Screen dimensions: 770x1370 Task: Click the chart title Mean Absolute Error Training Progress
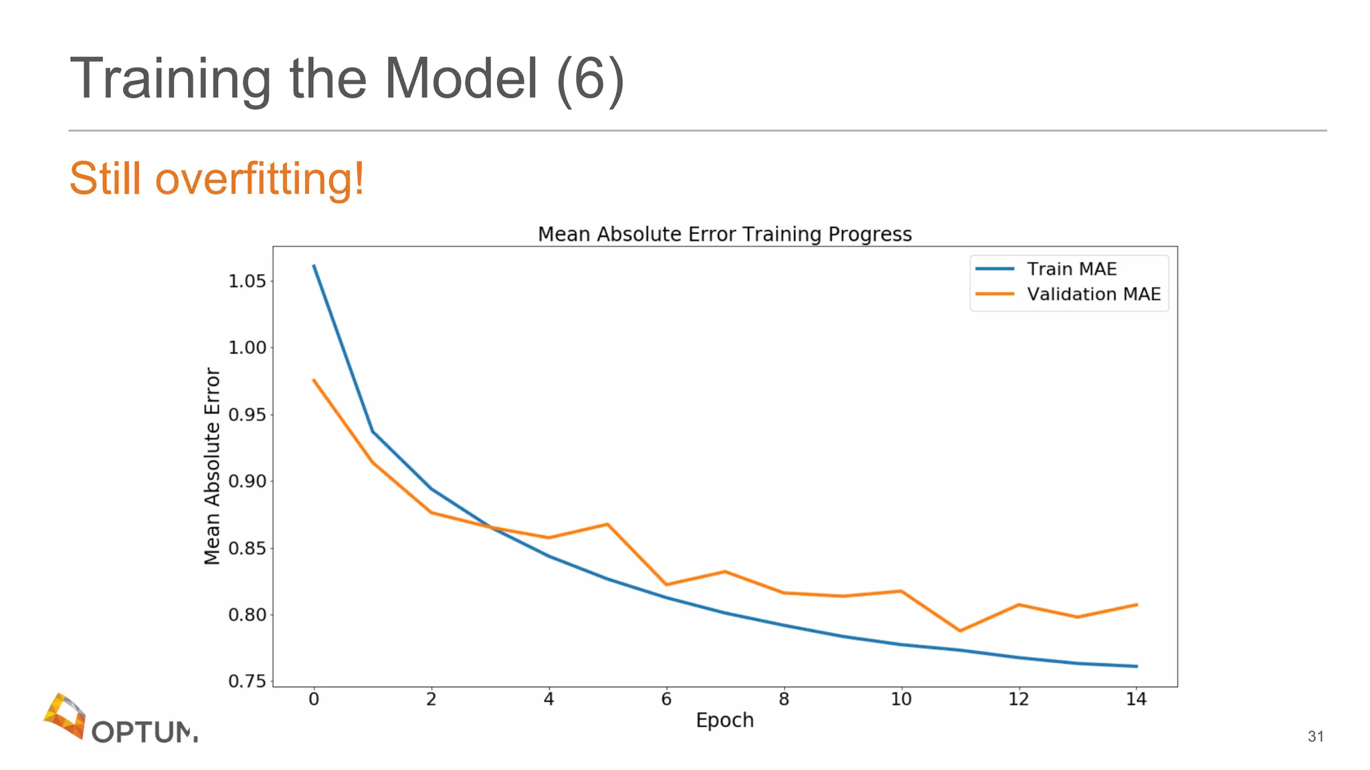pos(724,234)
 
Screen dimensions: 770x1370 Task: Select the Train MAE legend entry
pos(1071,269)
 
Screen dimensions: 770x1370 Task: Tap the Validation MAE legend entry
pos(1093,294)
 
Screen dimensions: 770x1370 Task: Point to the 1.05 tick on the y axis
pos(247,281)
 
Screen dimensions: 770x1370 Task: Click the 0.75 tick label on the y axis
pos(247,681)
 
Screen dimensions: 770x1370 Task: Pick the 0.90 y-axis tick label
pos(247,481)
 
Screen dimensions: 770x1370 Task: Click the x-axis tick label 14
pos(1136,699)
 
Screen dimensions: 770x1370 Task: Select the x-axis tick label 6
pos(666,699)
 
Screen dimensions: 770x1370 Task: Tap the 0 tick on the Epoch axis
pos(314,699)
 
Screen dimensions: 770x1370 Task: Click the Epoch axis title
pos(724,720)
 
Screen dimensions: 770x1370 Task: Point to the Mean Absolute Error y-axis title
pos(212,466)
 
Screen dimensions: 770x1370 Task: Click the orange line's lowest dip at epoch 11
pos(960,630)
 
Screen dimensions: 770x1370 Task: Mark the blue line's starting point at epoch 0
pos(314,265)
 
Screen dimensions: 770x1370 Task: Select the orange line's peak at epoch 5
pos(607,524)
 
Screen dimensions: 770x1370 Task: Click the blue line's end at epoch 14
pos(1136,666)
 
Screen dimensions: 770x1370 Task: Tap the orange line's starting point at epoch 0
pos(314,380)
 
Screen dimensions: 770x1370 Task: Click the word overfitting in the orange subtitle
pos(260,179)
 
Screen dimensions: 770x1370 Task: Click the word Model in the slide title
pos(461,79)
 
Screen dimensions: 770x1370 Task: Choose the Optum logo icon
pos(65,715)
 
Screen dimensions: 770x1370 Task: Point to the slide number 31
pos(1315,736)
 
